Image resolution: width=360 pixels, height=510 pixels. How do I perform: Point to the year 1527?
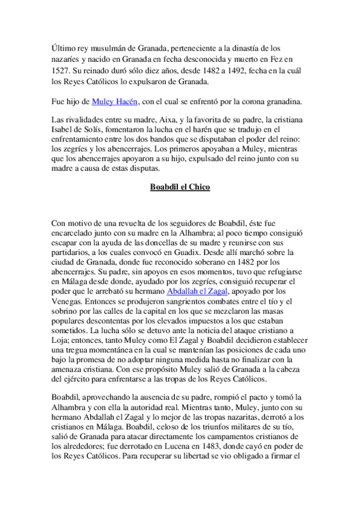click(61, 70)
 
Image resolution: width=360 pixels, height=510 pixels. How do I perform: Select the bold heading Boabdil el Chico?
click(180, 188)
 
